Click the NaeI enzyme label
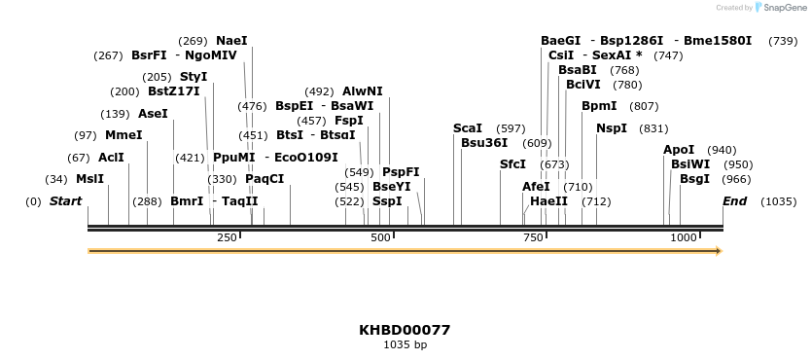pos(231,41)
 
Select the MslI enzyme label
pos(89,179)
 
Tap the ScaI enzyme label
pos(468,128)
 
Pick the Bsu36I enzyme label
pos(484,143)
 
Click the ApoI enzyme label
pos(679,150)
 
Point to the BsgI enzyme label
pos(694,179)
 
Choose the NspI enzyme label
pos(612,128)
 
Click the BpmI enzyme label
pos(599,106)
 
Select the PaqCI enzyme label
pos(264,179)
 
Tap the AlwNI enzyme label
pos(363,91)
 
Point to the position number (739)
pos(783,41)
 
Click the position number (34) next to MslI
pos(56,179)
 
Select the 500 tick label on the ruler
pos(380,237)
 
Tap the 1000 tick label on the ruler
pos(683,237)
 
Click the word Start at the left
pos(65,201)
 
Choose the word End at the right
pos(735,201)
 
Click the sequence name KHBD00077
pos(405,330)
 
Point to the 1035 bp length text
pos(405,344)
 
